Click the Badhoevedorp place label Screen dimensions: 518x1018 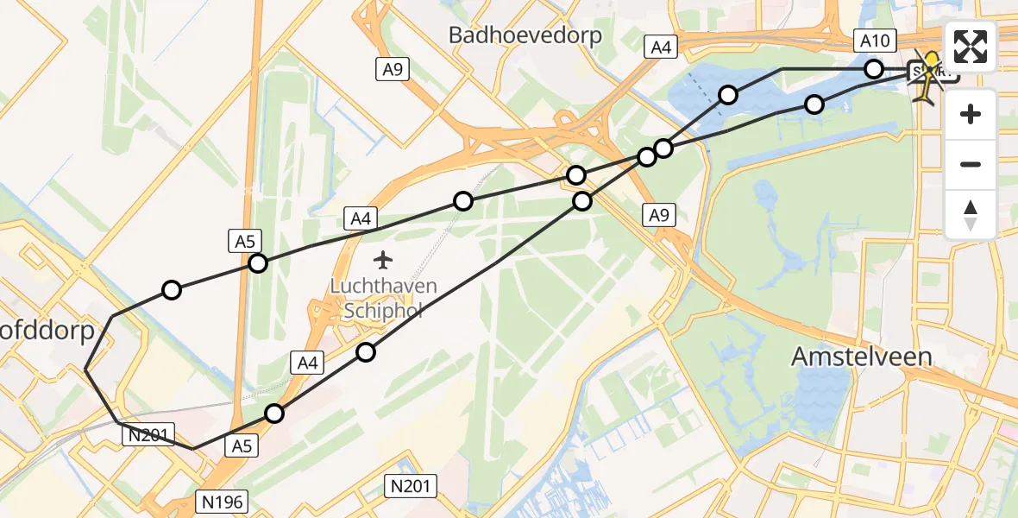point(525,35)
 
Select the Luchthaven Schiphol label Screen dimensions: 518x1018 point(386,298)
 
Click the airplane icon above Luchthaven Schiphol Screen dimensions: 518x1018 point(385,259)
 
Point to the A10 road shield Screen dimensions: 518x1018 point(876,41)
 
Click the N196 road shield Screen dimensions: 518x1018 point(224,501)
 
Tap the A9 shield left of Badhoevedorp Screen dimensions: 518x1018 point(391,69)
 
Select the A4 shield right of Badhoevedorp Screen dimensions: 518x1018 point(662,47)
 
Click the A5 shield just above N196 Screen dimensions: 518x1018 point(242,446)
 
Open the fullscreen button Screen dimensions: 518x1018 point(971,46)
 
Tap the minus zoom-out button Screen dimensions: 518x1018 point(971,164)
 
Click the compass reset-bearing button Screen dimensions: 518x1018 point(971,214)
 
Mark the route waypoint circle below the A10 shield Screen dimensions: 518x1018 point(874,69)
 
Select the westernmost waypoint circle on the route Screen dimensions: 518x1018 point(172,290)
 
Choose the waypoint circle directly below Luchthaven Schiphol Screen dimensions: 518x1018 point(366,351)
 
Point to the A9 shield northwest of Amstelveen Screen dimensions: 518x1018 point(658,217)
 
